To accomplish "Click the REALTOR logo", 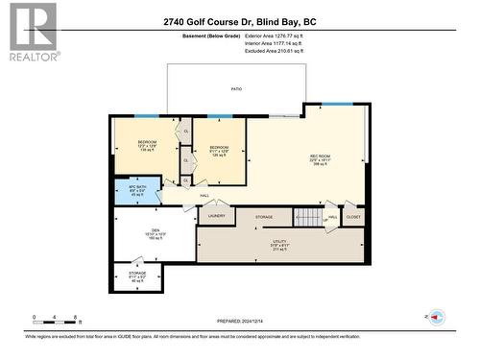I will click(33, 32).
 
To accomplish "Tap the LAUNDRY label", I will click(217, 217).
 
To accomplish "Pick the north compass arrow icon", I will click(435, 317).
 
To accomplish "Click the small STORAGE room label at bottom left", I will click(137, 276).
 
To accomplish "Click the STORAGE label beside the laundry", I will click(264, 218).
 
